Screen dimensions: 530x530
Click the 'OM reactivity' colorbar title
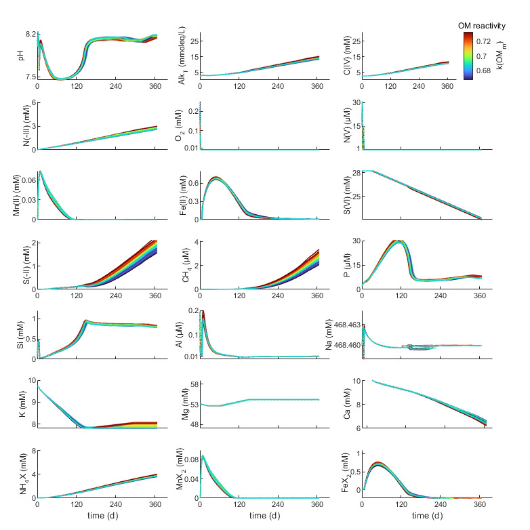(483, 25)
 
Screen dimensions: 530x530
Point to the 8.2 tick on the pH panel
(28, 34)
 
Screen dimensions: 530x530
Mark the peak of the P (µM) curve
(400, 241)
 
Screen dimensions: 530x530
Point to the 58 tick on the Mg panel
(192, 384)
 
